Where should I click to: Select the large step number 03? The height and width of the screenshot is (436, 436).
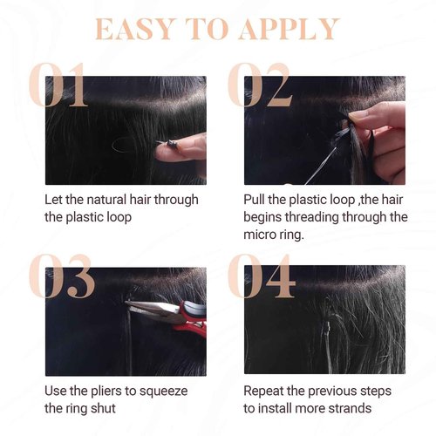[59, 277]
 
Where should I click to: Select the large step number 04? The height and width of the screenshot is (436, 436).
[261, 277]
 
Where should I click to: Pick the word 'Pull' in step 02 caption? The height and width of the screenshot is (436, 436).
[257, 200]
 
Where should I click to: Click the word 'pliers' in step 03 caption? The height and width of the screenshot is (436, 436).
[111, 391]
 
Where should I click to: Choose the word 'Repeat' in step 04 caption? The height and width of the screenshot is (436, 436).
[266, 391]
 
